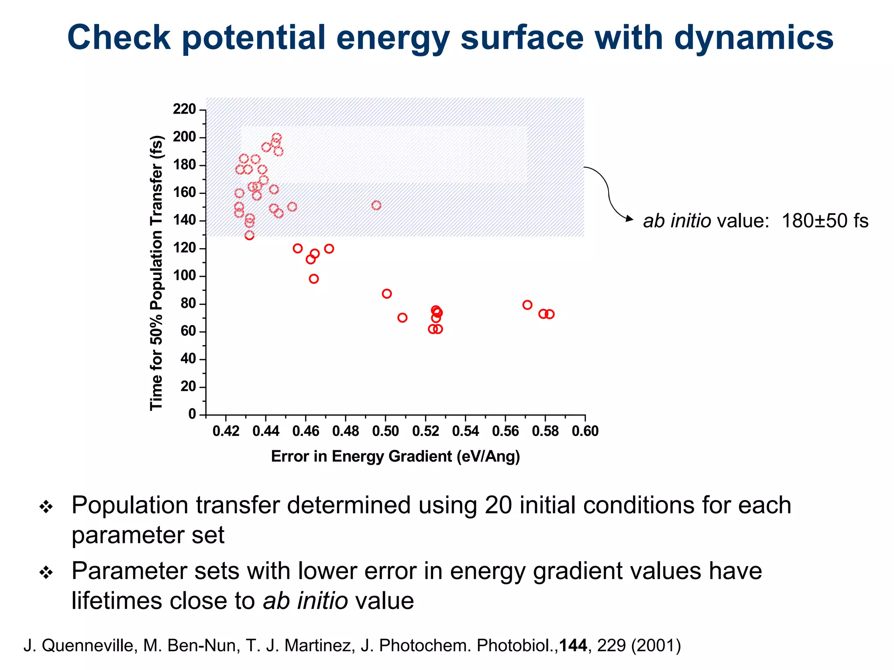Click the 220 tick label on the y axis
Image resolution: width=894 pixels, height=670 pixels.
point(184,109)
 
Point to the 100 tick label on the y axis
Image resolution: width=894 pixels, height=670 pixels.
point(184,276)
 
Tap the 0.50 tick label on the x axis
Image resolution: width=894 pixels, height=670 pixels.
point(385,432)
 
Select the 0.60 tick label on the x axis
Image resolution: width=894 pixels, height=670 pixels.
point(585,432)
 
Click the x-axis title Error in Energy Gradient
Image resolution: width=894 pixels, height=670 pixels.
point(395,456)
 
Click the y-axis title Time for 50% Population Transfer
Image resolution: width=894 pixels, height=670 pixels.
point(156,273)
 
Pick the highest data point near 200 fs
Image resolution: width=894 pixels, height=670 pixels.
point(277,138)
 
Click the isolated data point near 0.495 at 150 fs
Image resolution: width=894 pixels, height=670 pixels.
point(376,205)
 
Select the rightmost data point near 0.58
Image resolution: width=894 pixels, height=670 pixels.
point(550,314)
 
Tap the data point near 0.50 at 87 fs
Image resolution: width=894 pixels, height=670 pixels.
point(387,294)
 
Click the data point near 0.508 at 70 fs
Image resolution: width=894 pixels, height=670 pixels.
point(402,318)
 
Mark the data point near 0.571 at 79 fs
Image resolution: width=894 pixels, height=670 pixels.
point(527,305)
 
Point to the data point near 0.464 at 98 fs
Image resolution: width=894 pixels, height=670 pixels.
point(314,279)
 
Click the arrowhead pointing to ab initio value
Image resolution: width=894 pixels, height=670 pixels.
point(629,219)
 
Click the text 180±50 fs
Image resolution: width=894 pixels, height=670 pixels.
point(825,221)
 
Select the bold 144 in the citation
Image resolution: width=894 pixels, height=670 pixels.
point(573,646)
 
